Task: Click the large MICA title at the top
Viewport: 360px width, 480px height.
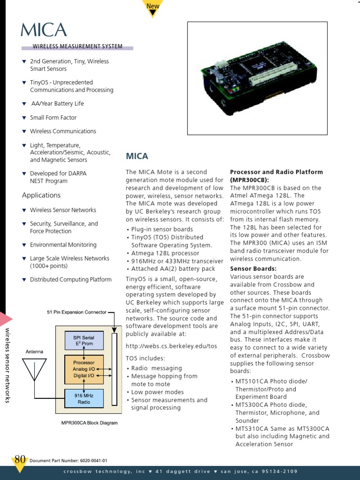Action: pyautogui.click(x=44, y=30)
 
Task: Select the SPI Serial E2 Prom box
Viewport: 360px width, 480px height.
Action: pyautogui.click(x=83, y=340)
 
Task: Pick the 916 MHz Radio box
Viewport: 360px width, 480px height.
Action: pyautogui.click(x=83, y=399)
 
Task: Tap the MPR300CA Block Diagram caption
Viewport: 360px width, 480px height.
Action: pyautogui.click(x=89, y=423)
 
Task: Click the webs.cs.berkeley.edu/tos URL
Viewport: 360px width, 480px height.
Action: pyautogui.click(x=171, y=346)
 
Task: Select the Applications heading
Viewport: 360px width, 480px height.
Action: pyautogui.click(x=41, y=195)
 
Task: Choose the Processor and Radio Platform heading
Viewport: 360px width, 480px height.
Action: pyautogui.click(x=276, y=176)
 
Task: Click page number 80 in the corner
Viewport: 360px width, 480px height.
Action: pyautogui.click(x=20, y=459)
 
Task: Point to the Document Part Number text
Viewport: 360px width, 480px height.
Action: pyautogui.click(x=68, y=461)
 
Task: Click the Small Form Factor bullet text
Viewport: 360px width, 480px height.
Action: pyautogui.click(x=53, y=118)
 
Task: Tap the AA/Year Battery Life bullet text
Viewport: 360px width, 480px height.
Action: pyautogui.click(x=57, y=104)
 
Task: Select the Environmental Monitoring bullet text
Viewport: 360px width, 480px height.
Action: pyautogui.click(x=63, y=245)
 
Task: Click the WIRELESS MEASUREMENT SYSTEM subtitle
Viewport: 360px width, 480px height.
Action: pyautogui.click(x=77, y=46)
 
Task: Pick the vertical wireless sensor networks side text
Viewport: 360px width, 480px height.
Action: pyautogui.click(x=7, y=366)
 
